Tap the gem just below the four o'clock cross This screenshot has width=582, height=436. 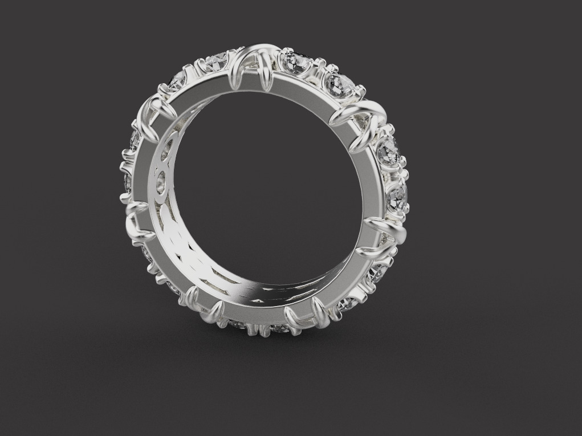pyautogui.click(x=378, y=271)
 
